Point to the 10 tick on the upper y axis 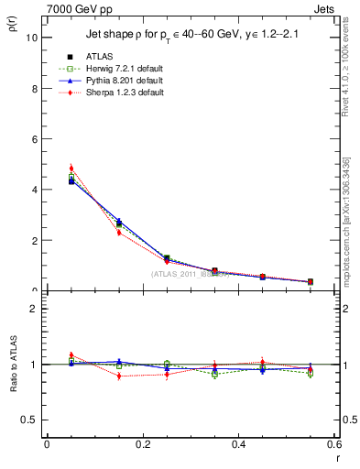pyautogui.click(x=33, y=38)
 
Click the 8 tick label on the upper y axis pyautogui.click(x=36, y=89)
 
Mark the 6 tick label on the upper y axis pyautogui.click(x=36, y=139)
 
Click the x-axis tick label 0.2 pyautogui.click(x=143, y=443)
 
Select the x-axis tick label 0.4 pyautogui.click(x=239, y=443)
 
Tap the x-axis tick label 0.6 pyautogui.click(x=334, y=443)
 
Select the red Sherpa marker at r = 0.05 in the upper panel pyautogui.click(x=71, y=169)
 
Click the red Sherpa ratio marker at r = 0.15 pyautogui.click(x=119, y=376)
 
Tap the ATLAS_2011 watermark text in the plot pyautogui.click(x=191, y=273)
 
